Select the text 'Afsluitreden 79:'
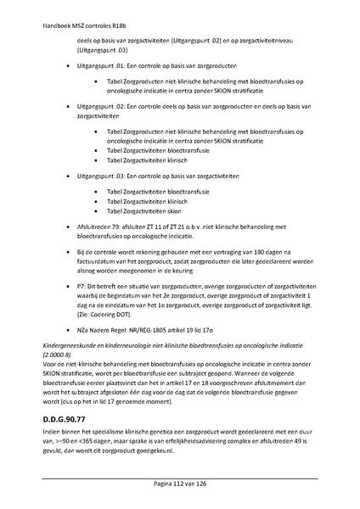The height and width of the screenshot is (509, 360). point(104,227)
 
